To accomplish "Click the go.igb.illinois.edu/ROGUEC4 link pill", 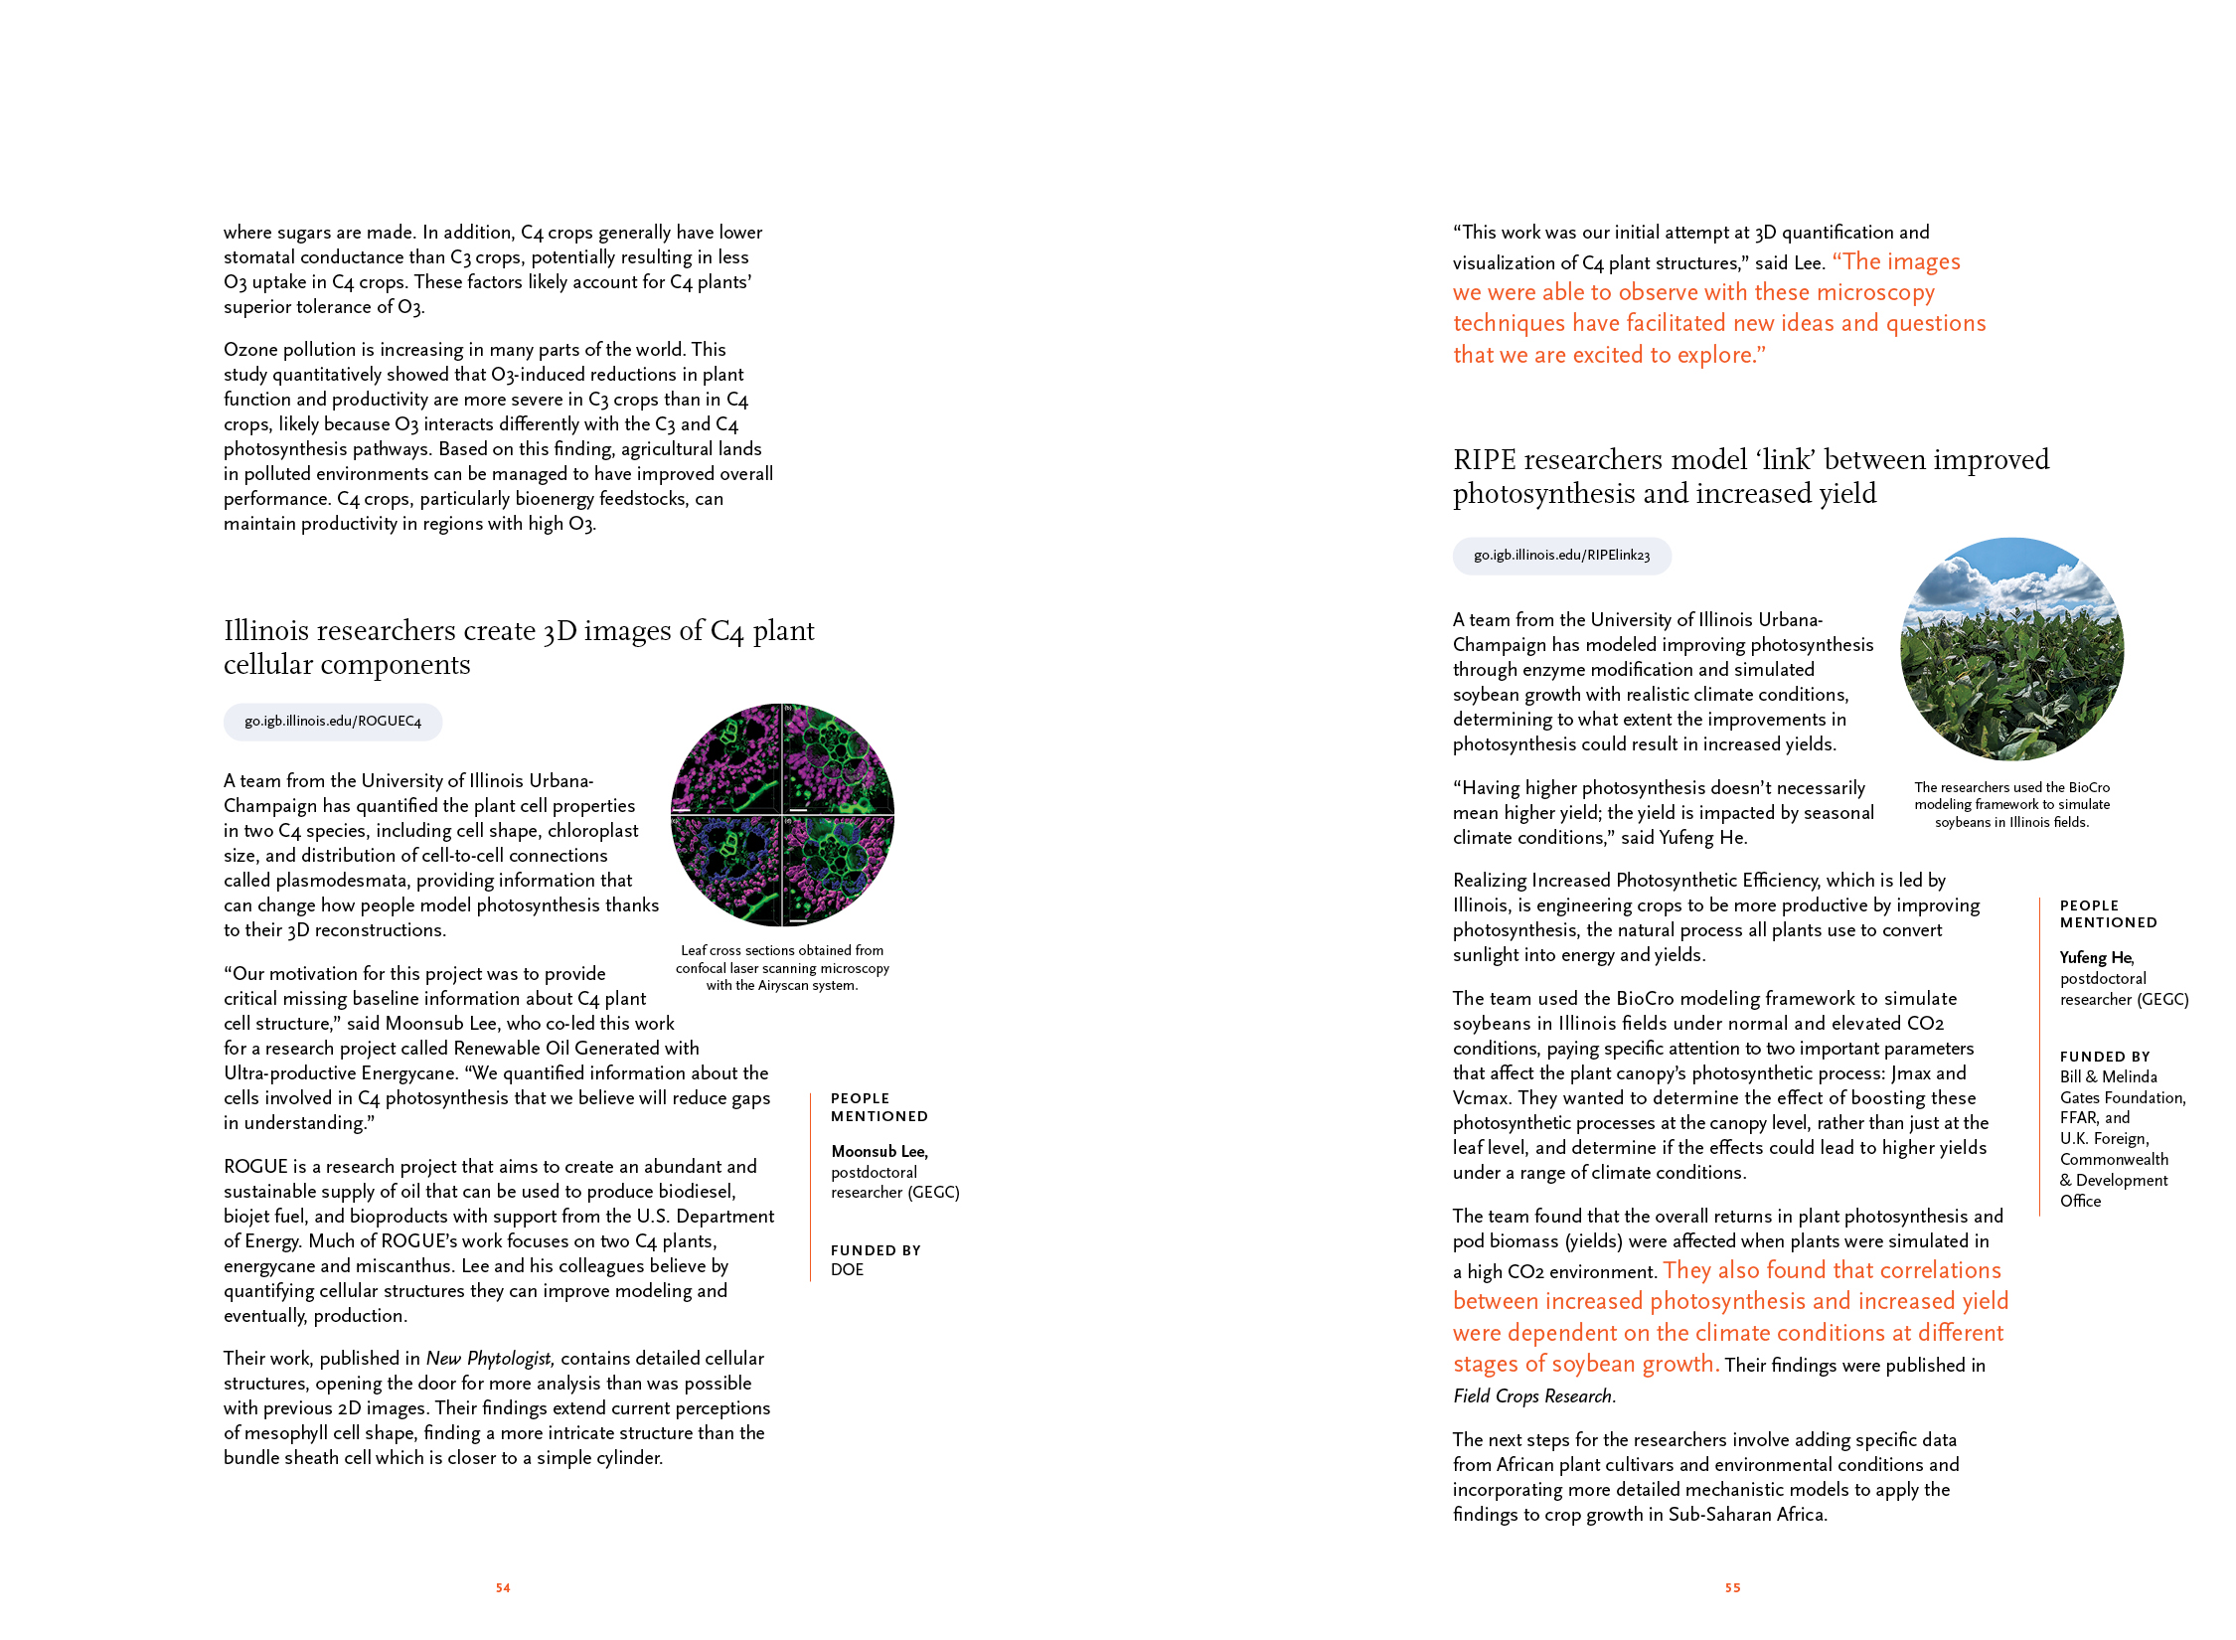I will point(333,722).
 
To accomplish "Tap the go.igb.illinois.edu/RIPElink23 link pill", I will point(1561,556).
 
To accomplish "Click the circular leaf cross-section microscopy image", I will point(783,815).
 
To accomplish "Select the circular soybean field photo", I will point(2011,649).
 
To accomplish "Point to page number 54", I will point(503,1588).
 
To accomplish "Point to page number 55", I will point(1732,1588).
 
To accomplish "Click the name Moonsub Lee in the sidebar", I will point(878,1151).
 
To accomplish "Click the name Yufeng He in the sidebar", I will point(2096,957).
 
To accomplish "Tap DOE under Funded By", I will point(848,1270).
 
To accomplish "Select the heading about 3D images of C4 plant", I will point(519,647).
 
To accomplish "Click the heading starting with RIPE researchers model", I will point(1750,476).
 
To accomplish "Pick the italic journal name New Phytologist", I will point(488,1359).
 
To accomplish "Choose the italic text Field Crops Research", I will point(1533,1396).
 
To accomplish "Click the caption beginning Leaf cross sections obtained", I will point(782,968).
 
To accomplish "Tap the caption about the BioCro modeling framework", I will point(2011,804).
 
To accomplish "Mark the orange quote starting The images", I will point(1719,308).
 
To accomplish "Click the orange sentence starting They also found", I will point(1730,1317).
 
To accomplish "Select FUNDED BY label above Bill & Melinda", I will point(2105,1057).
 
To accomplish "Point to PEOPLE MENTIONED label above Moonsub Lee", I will point(879,1107).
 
